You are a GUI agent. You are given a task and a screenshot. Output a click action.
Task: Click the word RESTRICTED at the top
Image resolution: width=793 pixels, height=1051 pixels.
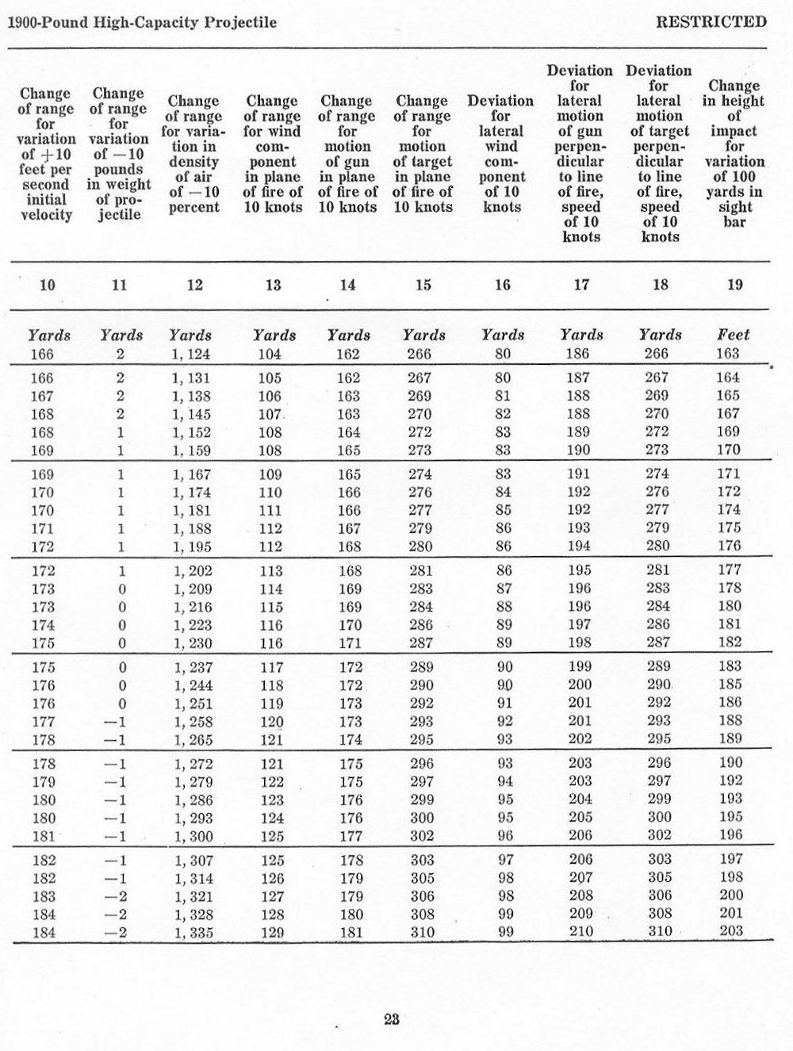click(x=711, y=21)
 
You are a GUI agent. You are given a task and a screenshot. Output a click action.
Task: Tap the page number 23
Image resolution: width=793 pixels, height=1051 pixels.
click(x=390, y=1020)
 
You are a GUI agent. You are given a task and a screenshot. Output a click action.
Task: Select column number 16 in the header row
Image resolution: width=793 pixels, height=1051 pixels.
click(x=502, y=286)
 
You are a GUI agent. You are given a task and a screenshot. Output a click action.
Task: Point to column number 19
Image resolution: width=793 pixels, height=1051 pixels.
click(x=734, y=286)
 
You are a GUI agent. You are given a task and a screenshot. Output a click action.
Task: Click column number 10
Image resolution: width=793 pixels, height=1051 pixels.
click(x=48, y=286)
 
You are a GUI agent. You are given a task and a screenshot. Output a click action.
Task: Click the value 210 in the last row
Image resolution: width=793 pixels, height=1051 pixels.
click(x=580, y=931)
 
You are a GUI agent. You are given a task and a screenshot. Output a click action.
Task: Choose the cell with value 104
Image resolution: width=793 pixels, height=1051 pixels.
click(x=270, y=354)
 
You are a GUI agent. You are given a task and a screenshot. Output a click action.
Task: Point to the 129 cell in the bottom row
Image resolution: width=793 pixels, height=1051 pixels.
click(x=271, y=932)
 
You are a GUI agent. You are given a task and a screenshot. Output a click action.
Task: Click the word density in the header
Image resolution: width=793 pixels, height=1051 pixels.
click(x=193, y=162)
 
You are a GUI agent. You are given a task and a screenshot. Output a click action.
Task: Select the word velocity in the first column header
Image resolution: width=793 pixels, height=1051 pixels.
click(x=45, y=215)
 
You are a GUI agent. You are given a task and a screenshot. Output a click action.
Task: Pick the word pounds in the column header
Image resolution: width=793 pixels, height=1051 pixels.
click(x=117, y=170)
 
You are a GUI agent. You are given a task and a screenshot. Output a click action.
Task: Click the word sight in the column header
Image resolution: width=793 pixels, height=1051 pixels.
click(x=734, y=207)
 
